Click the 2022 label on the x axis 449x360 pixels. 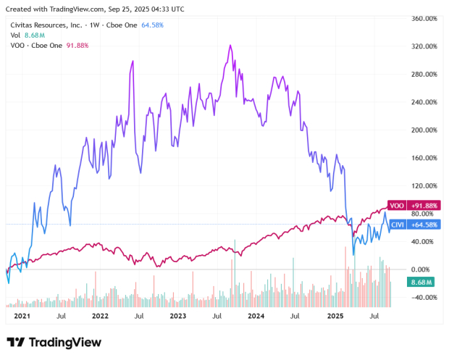pyautogui.click(x=99, y=317)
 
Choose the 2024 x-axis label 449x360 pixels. pyautogui.click(x=256, y=317)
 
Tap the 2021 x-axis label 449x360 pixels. pyautogui.click(x=21, y=317)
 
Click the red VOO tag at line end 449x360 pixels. pyautogui.click(x=396, y=205)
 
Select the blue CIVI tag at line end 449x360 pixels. pyautogui.click(x=397, y=225)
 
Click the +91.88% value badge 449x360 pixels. pyautogui.click(x=424, y=205)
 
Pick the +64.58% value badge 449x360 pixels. pyautogui.click(x=424, y=225)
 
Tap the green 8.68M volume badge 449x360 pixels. pyautogui.click(x=421, y=281)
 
